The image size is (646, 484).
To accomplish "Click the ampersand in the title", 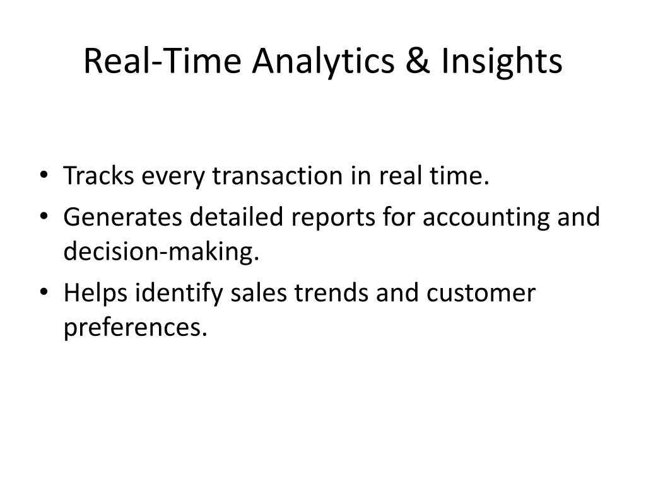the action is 418,60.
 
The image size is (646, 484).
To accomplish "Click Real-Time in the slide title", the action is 162,60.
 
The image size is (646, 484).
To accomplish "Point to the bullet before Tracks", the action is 44,175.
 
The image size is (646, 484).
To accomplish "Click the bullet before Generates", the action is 44,216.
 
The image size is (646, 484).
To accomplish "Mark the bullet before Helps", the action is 44,292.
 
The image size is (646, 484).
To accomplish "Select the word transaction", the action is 278,176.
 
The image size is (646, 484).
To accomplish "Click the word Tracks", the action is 99,175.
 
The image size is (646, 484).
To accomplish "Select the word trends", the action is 331,292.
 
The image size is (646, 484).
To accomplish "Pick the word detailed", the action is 237,217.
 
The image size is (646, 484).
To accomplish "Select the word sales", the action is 258,292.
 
